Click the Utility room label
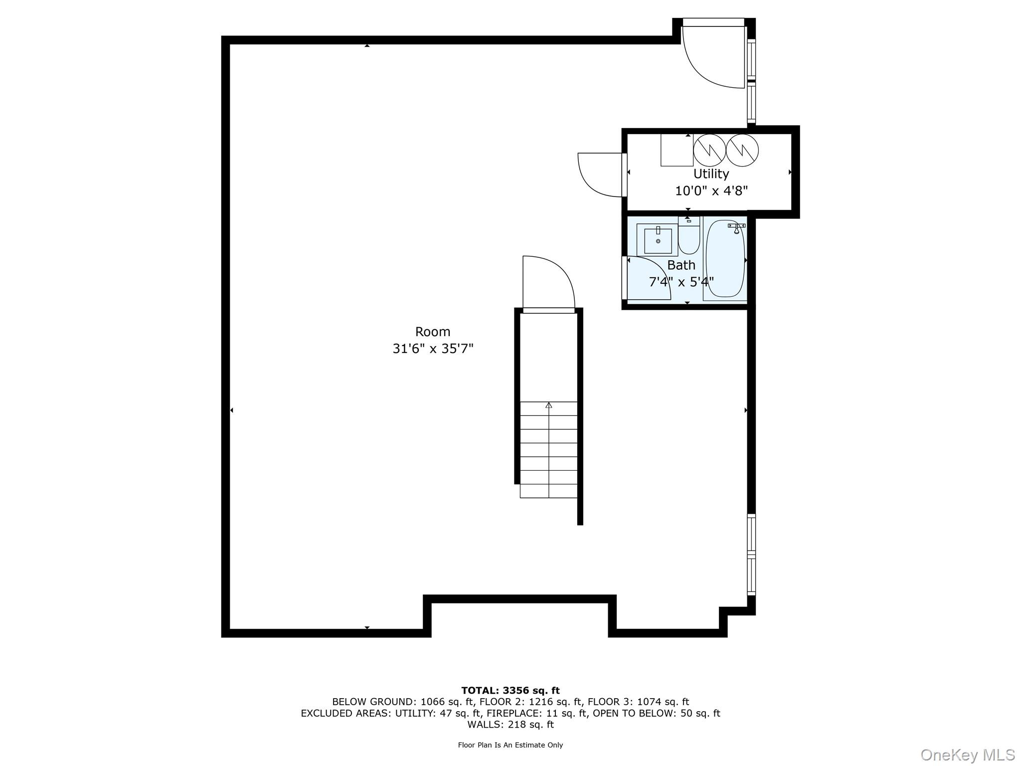(711, 174)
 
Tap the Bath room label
(681, 265)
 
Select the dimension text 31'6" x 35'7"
(433, 349)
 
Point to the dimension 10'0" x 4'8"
(711, 191)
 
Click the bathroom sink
(658, 240)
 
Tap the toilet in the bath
(689, 235)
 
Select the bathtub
(725, 259)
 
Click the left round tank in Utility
(709, 150)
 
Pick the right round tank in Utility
(742, 150)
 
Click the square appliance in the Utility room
(677, 150)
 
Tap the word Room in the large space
(433, 332)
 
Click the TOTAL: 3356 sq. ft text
(510, 691)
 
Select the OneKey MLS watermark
(968, 755)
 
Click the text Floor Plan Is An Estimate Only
(510, 745)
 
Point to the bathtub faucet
(737, 228)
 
